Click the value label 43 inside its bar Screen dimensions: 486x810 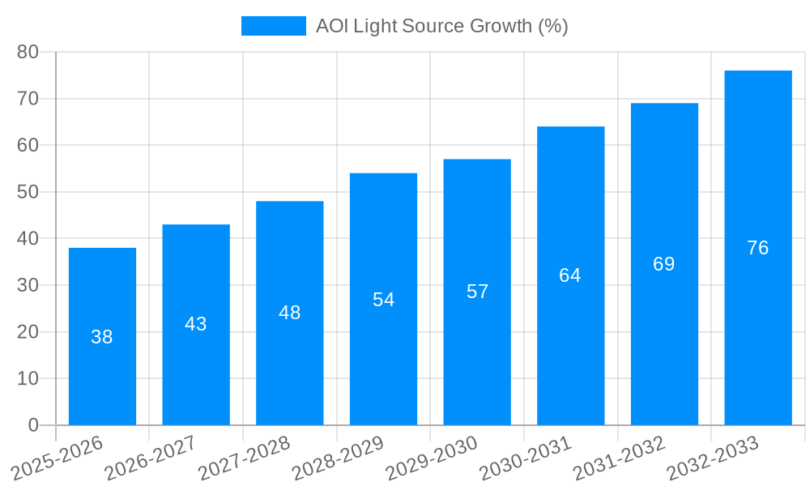[196, 324]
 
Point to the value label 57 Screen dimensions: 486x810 [478, 292]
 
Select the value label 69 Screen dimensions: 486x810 [664, 264]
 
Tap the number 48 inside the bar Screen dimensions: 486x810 [290, 313]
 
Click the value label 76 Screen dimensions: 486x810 [758, 248]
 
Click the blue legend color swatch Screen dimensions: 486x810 [274, 26]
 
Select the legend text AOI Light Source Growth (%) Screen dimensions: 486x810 [442, 26]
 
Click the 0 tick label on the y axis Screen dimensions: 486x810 [33, 425]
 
